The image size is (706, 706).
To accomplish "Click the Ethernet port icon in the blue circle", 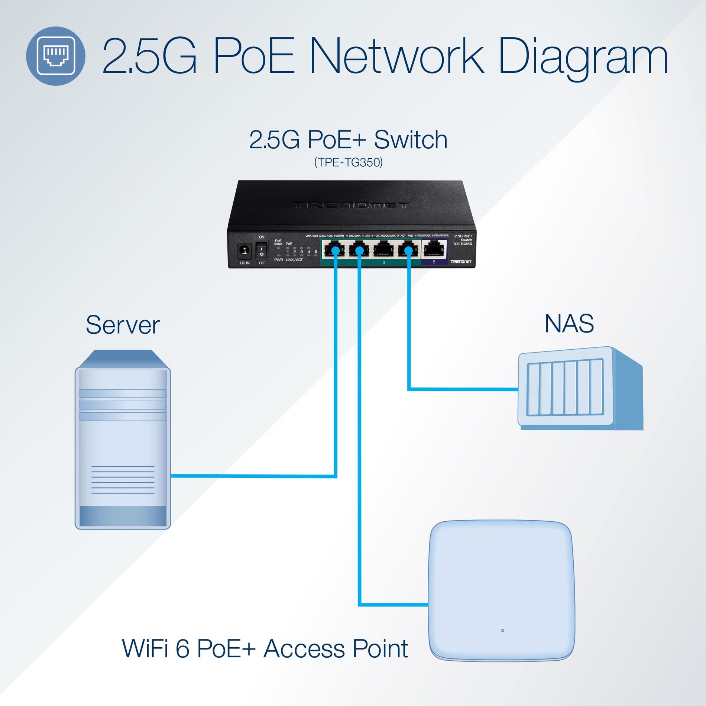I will [56, 56].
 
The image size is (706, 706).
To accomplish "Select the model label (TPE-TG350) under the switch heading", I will [348, 162].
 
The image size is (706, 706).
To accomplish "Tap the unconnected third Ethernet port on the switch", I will [383, 249].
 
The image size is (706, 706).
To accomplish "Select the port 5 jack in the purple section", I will [434, 249].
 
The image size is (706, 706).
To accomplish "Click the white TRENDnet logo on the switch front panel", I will [461, 262].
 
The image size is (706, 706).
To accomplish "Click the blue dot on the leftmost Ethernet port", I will [335, 251].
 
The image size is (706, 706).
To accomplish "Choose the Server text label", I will [123, 325].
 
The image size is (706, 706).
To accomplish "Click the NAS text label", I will [569, 324].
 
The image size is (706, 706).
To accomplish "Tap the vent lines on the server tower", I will [123, 480].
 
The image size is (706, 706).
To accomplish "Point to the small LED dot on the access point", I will [502, 631].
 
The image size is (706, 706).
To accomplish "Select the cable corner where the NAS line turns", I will [409, 389].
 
